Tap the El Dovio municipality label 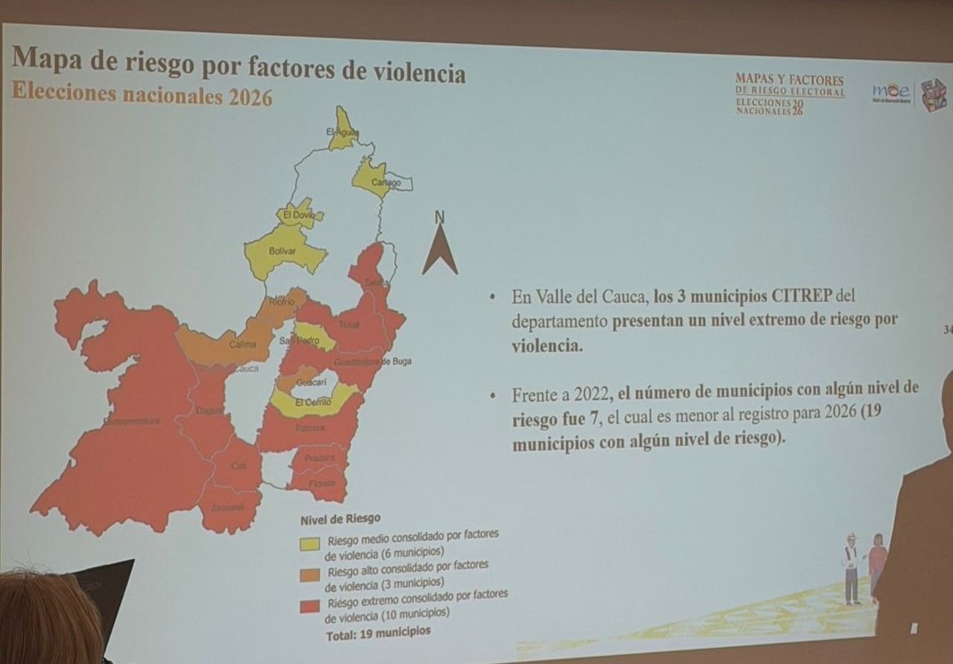point(299,214)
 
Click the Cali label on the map point(238,466)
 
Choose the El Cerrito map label point(313,402)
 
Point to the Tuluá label point(348,325)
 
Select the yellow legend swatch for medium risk point(310,543)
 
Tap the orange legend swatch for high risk point(310,573)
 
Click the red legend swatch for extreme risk point(310,605)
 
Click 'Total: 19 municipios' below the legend point(378,632)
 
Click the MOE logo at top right point(891,92)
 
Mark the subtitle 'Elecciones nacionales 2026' point(141,95)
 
